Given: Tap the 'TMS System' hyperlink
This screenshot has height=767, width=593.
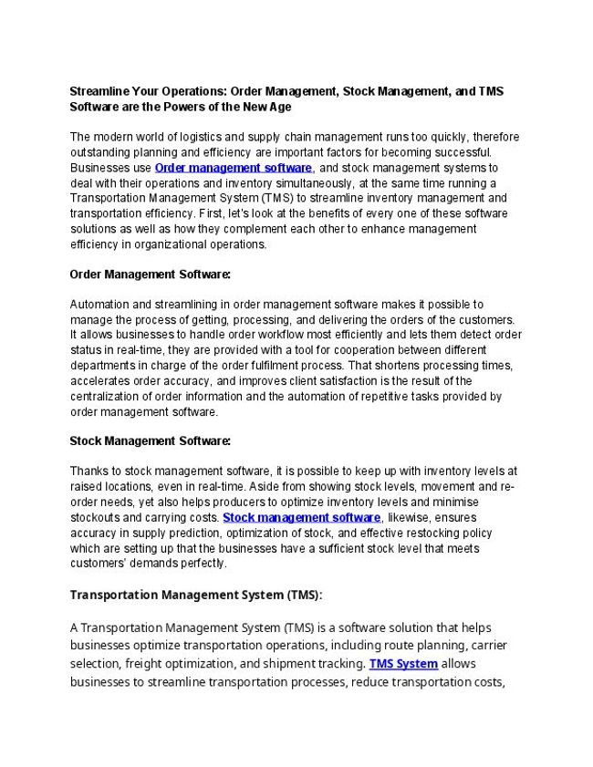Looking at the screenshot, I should [x=403, y=663].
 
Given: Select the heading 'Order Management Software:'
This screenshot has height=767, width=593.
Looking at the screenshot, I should [x=151, y=274].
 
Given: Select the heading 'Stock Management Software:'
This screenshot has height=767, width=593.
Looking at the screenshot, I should [x=151, y=441].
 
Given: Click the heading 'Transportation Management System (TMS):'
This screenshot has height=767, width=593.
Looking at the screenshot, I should [x=196, y=596].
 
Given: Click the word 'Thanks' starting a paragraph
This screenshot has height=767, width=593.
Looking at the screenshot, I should [x=88, y=471].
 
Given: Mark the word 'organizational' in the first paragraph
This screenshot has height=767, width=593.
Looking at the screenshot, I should [x=160, y=244].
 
